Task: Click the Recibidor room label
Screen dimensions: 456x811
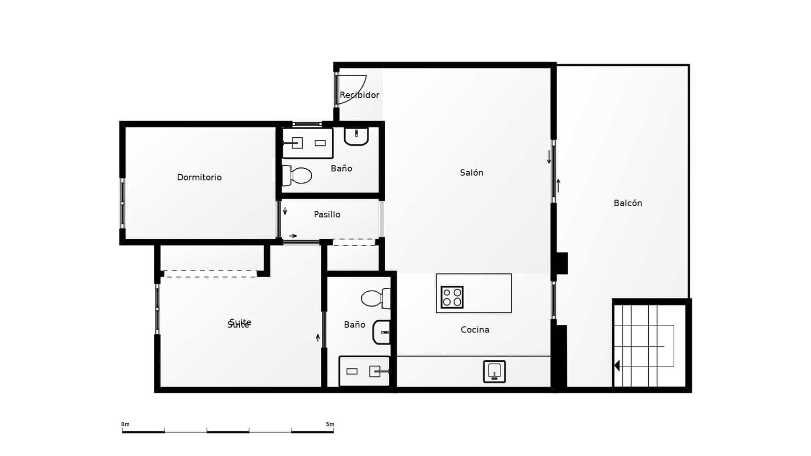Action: [x=359, y=95]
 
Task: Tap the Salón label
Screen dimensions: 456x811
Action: [x=471, y=173]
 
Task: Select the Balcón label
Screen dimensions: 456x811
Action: [x=628, y=203]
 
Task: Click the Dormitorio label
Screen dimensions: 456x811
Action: [x=199, y=177]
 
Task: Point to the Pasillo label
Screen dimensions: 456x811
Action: [x=327, y=214]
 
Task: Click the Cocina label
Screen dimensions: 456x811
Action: [x=475, y=330]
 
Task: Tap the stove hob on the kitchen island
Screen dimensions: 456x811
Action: [x=452, y=297]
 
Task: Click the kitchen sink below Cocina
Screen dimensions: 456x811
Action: [x=494, y=371]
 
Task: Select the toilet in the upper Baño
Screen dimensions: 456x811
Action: [x=298, y=175]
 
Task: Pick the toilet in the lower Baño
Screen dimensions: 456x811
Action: [x=376, y=298]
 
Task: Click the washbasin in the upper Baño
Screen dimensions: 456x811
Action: [x=356, y=136]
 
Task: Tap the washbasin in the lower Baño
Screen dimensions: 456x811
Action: [x=382, y=332]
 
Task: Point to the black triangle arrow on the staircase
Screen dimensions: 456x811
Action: [x=617, y=365]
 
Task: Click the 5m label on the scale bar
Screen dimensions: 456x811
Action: [x=330, y=424]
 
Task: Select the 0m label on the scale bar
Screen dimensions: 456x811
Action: [x=125, y=424]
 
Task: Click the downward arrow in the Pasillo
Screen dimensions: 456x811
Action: [x=285, y=211]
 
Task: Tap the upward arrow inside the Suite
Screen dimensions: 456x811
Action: [x=318, y=337]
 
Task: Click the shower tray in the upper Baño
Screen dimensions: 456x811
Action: [x=307, y=143]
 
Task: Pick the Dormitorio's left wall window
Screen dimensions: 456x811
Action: [x=122, y=203]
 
